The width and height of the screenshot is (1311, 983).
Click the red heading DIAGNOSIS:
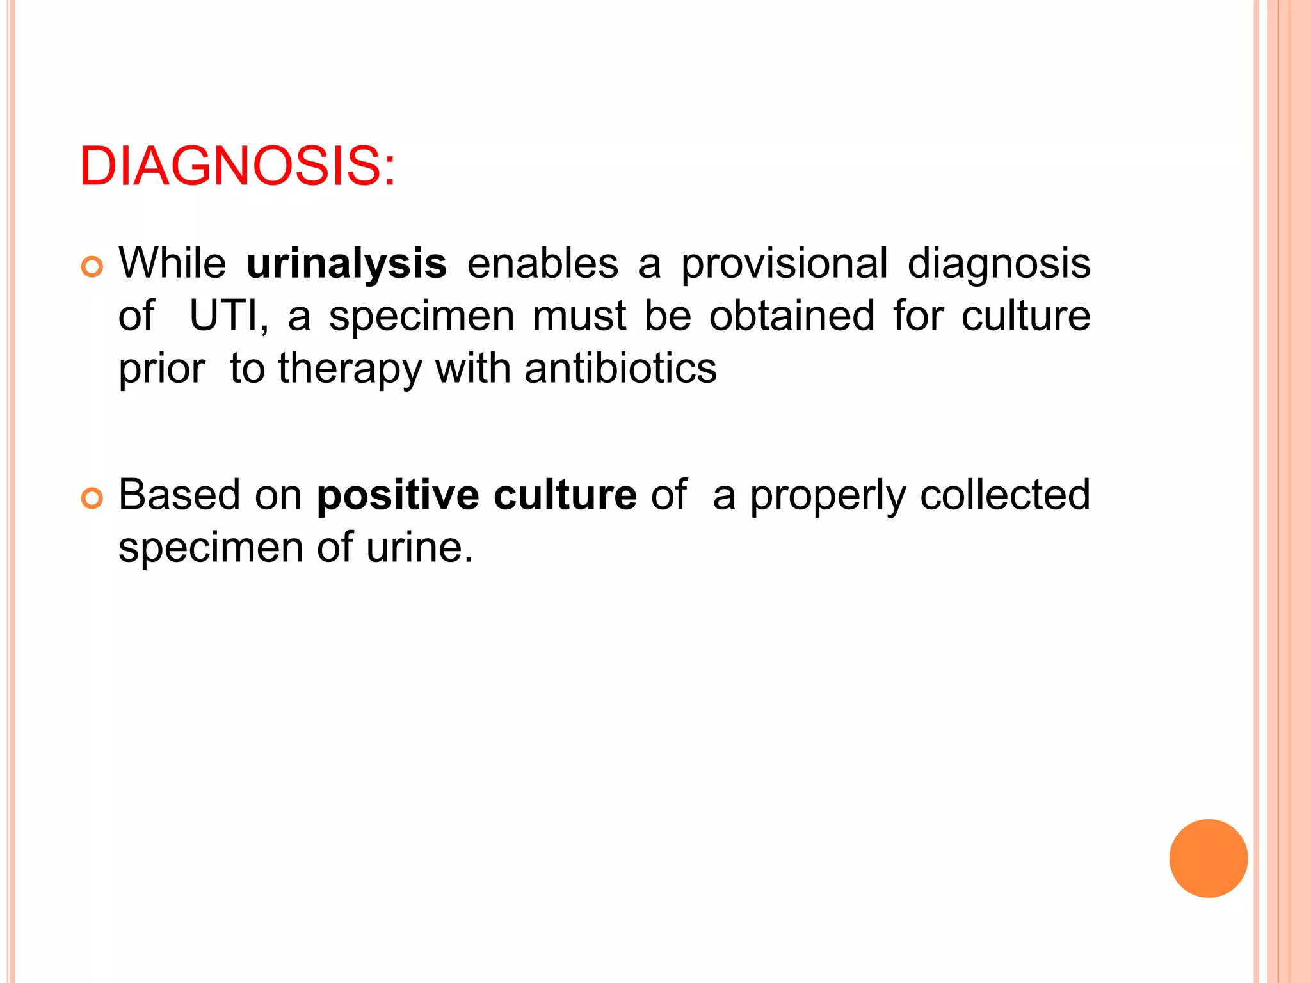click(x=237, y=166)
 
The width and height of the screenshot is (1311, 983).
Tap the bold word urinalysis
click(x=346, y=264)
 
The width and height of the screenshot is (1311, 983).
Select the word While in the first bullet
click(x=172, y=264)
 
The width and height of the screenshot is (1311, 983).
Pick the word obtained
click(x=791, y=316)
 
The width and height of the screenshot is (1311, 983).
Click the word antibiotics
click(x=620, y=369)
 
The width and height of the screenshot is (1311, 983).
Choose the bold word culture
click(x=565, y=495)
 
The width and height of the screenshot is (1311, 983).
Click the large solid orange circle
click(x=1208, y=858)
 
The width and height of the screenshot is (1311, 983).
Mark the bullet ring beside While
click(x=92, y=266)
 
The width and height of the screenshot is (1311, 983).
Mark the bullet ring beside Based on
click(x=92, y=498)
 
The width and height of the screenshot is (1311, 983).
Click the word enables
click(x=542, y=264)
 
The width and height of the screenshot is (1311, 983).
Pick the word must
click(x=579, y=316)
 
